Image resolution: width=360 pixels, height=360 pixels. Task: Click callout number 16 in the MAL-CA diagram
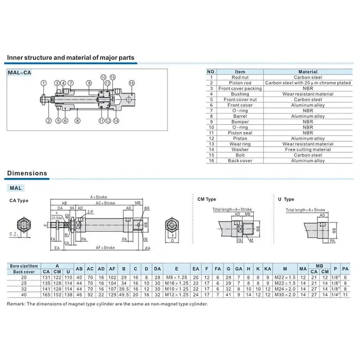pyautogui.click(x=132, y=83)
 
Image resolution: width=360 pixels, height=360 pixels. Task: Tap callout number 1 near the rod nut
pyautogui.click(x=43, y=83)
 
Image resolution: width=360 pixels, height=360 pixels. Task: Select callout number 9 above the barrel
pyautogui.click(x=90, y=83)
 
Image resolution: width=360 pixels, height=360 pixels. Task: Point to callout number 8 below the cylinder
pyautogui.click(x=77, y=121)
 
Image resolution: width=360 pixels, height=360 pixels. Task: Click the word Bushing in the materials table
pyautogui.click(x=240, y=94)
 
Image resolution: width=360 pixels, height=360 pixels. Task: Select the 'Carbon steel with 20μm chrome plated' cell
pyautogui.click(x=308, y=83)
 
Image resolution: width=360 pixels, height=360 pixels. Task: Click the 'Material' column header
pyautogui.click(x=308, y=72)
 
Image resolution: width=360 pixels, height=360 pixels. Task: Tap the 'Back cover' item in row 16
pyautogui.click(x=240, y=161)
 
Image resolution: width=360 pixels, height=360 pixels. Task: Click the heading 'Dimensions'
pyautogui.click(x=27, y=173)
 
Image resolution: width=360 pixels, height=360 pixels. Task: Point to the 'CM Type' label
pyautogui.click(x=207, y=199)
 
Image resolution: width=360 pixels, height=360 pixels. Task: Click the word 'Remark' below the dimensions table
pyautogui.click(x=17, y=304)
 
